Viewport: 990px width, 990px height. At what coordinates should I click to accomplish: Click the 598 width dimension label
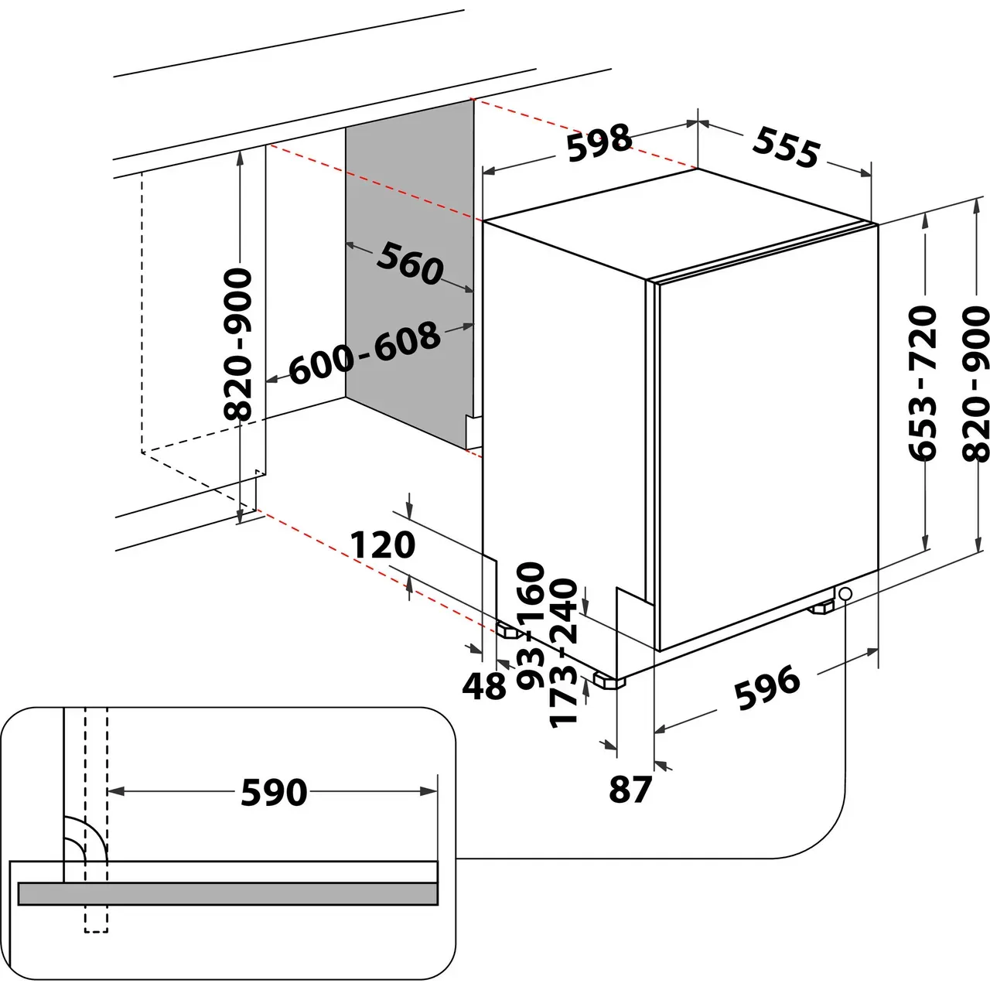[x=599, y=143]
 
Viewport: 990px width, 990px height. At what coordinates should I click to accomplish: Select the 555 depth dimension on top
[x=786, y=148]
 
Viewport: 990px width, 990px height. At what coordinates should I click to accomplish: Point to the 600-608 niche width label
[x=364, y=353]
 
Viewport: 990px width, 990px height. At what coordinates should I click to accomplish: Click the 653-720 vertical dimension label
[x=923, y=384]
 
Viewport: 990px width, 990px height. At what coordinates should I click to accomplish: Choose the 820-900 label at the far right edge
[x=975, y=384]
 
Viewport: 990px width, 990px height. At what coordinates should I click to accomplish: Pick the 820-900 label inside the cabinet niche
[x=238, y=343]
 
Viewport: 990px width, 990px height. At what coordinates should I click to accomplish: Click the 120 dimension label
[x=382, y=545]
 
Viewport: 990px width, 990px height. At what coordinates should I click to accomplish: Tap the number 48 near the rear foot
[x=484, y=685]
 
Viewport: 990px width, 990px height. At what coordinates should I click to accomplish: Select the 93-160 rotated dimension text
[x=531, y=625]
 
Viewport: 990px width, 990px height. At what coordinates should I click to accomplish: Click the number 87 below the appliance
[x=630, y=790]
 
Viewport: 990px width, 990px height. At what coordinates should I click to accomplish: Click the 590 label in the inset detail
[x=274, y=792]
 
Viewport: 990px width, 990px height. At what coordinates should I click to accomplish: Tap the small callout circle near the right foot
[x=844, y=593]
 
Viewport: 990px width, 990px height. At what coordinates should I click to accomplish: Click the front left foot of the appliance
[x=610, y=681]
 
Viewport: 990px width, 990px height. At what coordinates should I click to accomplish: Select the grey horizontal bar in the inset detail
[x=228, y=893]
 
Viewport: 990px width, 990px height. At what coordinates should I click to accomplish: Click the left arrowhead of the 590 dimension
[x=114, y=791]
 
